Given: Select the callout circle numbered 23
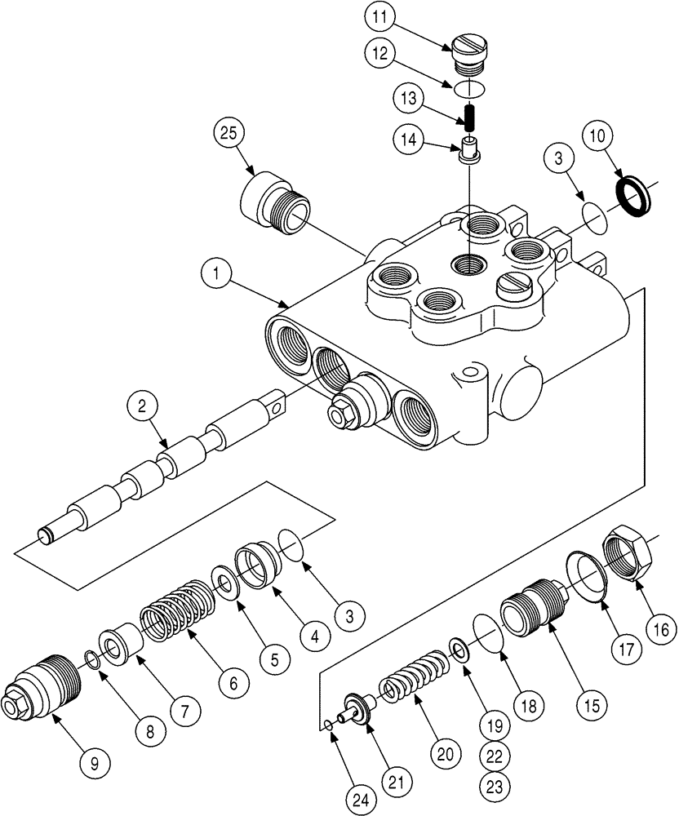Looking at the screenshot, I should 495,785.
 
